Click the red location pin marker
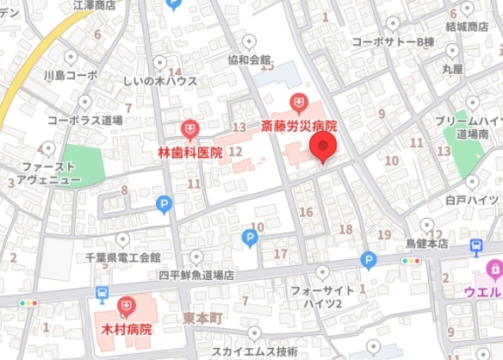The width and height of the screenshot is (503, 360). click(323, 148)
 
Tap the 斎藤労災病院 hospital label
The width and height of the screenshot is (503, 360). click(299, 127)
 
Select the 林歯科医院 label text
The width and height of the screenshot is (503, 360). click(190, 152)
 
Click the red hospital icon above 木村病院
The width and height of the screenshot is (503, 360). click(127, 306)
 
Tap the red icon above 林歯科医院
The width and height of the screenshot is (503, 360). click(190, 130)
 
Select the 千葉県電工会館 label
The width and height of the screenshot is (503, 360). click(122, 257)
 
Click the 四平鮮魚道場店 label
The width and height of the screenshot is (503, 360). click(196, 275)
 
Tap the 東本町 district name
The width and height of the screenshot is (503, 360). click(203, 318)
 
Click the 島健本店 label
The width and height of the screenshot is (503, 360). click(427, 244)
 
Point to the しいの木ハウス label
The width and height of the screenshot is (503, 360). click(160, 81)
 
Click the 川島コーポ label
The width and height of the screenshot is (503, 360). click(71, 75)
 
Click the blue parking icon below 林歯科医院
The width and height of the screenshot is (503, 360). click(164, 204)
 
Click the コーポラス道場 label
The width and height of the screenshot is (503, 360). click(84, 120)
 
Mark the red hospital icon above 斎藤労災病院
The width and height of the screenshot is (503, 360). click(299, 104)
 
